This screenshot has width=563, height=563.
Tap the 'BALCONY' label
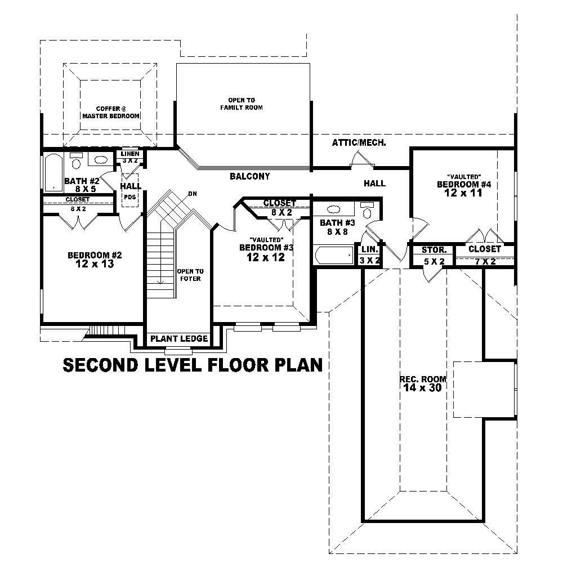249,176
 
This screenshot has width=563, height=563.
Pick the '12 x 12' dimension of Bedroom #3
265,257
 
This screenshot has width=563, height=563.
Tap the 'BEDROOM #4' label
460,184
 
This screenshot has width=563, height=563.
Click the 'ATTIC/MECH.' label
359,143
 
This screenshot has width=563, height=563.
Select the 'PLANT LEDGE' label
178,339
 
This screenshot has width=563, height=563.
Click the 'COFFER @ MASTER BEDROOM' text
110,112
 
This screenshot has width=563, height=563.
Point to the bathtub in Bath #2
54,172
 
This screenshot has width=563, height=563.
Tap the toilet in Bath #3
368,212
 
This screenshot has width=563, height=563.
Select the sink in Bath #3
333,209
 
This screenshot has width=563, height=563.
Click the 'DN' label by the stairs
193,194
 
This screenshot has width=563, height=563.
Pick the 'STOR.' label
434,249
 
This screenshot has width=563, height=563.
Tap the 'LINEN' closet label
130,154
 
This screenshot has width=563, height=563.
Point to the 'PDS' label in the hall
130,197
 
